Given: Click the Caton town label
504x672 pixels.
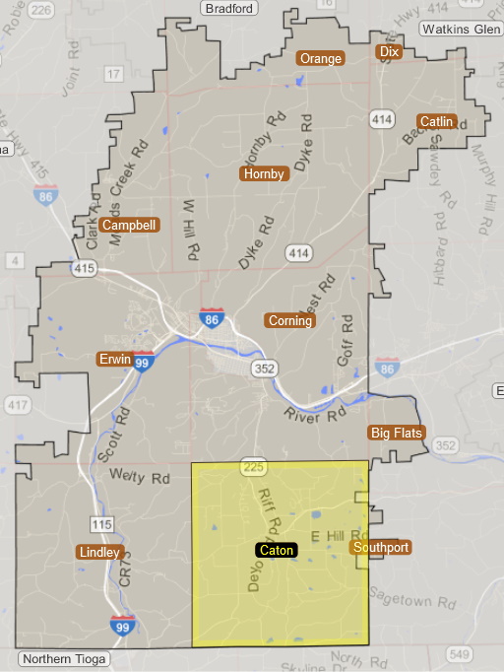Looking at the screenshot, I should coord(276,550).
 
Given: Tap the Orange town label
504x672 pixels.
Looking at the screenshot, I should coord(321,58).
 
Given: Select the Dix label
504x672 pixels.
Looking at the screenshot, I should coord(390,51).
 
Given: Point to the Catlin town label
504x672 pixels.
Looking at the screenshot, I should coord(436,121).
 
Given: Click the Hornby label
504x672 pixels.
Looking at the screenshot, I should coord(264,173).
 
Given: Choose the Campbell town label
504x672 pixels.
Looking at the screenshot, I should coord(129,225).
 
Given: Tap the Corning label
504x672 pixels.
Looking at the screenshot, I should coord(289,320).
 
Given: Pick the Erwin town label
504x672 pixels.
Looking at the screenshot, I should coord(114,359).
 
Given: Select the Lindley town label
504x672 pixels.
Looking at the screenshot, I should coord(100,552).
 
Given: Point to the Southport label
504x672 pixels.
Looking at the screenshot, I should coord(380,547).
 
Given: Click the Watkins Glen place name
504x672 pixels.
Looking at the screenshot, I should coord(461,29).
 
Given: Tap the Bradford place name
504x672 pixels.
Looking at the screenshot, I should coord(229,8).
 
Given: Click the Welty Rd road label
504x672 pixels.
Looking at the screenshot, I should coord(141,479).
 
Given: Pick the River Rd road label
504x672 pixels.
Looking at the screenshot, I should coord(316,416).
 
